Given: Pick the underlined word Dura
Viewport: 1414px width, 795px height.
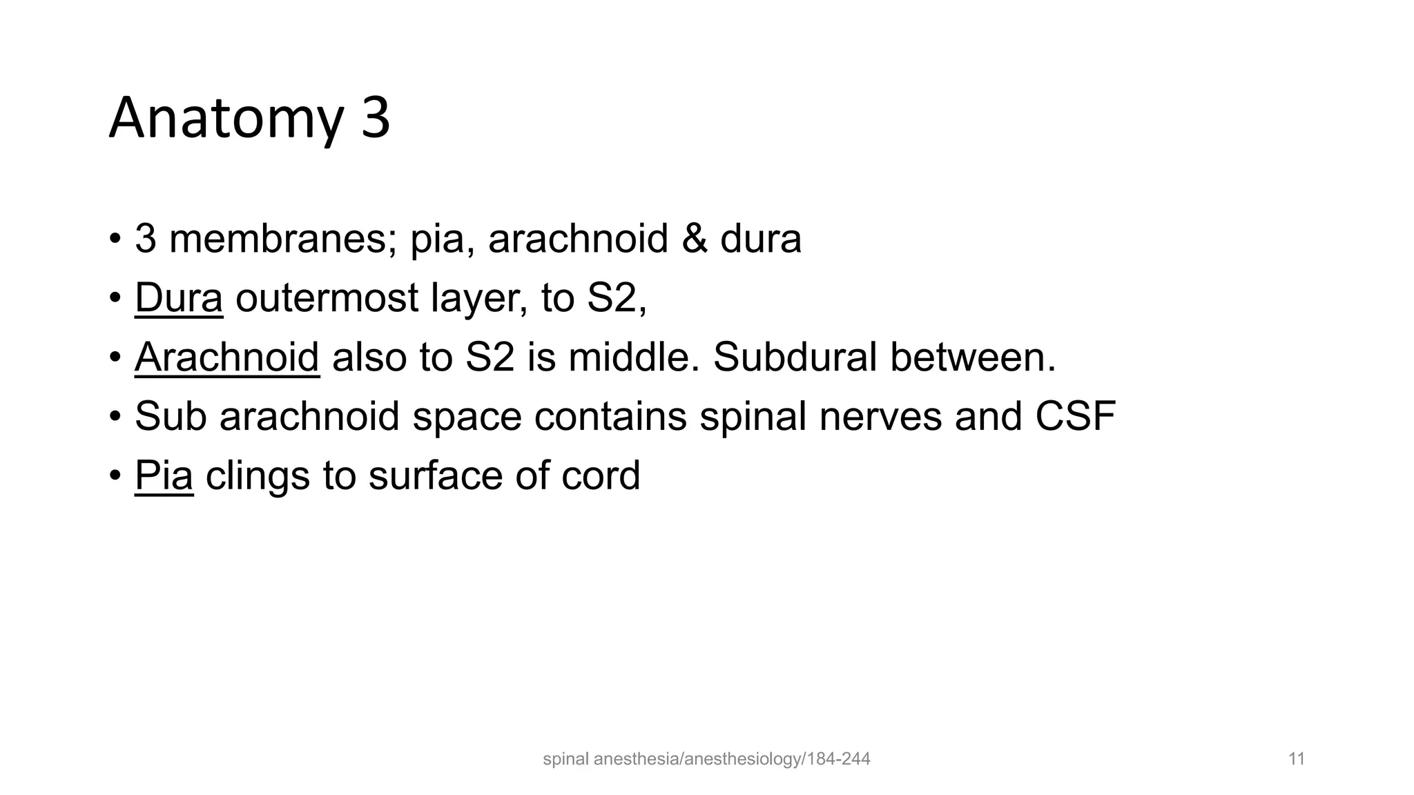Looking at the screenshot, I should point(179,298).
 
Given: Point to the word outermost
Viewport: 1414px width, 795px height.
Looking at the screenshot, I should point(327,298).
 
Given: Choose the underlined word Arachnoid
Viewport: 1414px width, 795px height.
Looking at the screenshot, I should point(226,357).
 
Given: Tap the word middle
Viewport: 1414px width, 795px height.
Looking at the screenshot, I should point(634,357).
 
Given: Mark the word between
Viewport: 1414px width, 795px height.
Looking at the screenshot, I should point(973,357).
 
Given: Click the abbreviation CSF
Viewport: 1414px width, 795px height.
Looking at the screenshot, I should point(1076,417).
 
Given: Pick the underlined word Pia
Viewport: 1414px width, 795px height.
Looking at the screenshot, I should point(164,476).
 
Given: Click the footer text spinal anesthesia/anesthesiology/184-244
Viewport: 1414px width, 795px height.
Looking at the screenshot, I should point(706,760).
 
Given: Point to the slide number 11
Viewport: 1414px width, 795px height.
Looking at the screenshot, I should point(1296,760).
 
